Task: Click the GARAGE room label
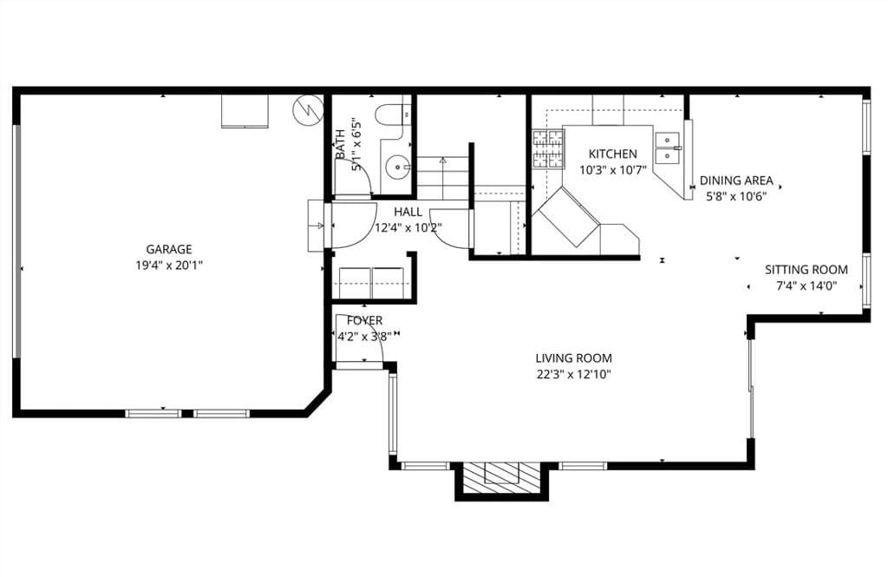click(x=169, y=249)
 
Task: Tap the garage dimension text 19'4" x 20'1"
click(x=169, y=265)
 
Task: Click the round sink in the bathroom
click(x=397, y=164)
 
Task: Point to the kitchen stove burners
click(x=546, y=148)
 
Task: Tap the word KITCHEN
click(x=612, y=154)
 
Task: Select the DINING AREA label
click(x=736, y=180)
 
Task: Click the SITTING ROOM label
click(x=806, y=270)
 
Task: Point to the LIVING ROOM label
click(x=573, y=357)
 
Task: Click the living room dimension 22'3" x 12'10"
click(x=573, y=374)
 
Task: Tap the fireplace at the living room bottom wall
click(x=501, y=475)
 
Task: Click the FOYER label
click(x=364, y=321)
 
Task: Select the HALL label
click(x=408, y=212)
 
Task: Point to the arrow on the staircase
click(x=442, y=161)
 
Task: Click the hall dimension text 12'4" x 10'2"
click(x=408, y=228)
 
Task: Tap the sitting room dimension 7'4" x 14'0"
click(x=806, y=285)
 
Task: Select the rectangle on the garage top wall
click(x=245, y=111)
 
